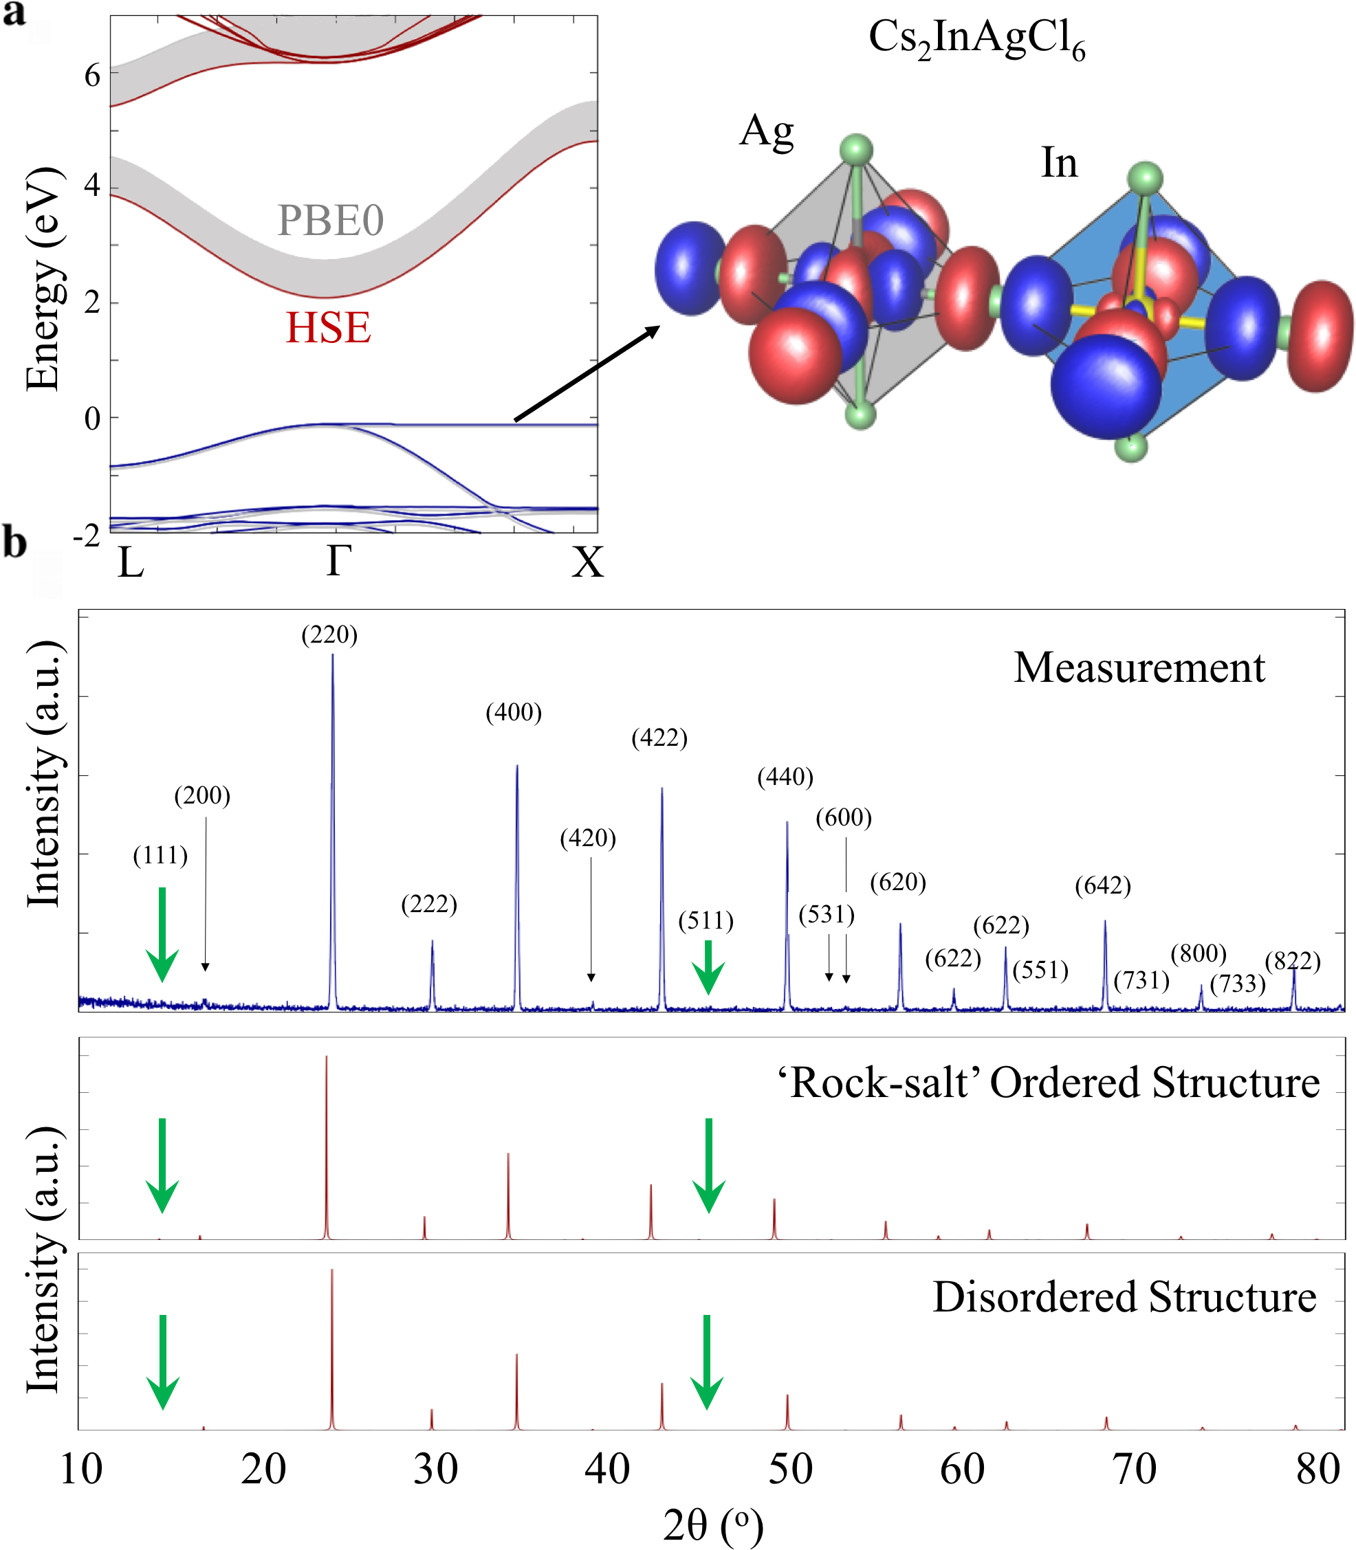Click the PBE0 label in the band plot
point(331,221)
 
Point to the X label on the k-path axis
point(587,563)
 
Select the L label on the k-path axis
point(131,563)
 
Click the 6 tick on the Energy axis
point(92,76)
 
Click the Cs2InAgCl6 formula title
point(976,39)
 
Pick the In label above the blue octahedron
point(1059,163)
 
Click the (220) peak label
point(329,634)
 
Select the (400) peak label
point(514,712)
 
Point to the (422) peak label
point(659,738)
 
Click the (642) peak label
point(1102,885)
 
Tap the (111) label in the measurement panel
point(160,856)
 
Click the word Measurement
point(1139,668)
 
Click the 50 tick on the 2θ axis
point(791,1470)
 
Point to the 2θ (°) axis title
point(713,1525)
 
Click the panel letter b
point(15,543)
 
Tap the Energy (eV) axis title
point(43,278)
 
